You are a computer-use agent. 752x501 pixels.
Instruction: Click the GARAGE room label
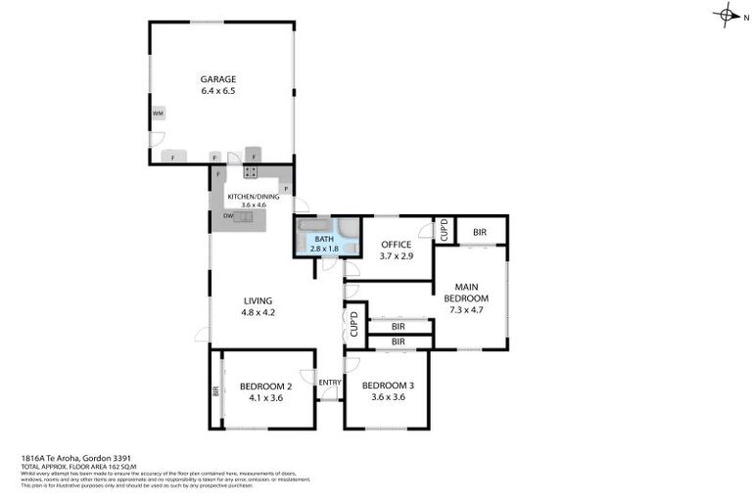click(218, 79)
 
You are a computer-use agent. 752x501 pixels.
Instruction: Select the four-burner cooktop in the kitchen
click(251, 172)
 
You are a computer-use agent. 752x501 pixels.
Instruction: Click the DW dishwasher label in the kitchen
click(227, 215)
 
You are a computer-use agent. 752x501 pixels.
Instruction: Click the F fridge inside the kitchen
click(217, 174)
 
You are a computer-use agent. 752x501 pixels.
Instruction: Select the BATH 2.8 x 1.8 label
click(324, 244)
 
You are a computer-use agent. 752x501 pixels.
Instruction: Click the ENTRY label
click(329, 382)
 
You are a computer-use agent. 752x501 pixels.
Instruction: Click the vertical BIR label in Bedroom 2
click(216, 390)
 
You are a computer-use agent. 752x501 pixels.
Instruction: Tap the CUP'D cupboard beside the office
click(443, 230)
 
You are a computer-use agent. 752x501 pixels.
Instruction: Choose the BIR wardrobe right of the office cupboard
click(480, 232)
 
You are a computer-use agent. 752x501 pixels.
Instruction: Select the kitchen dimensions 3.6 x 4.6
click(254, 205)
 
